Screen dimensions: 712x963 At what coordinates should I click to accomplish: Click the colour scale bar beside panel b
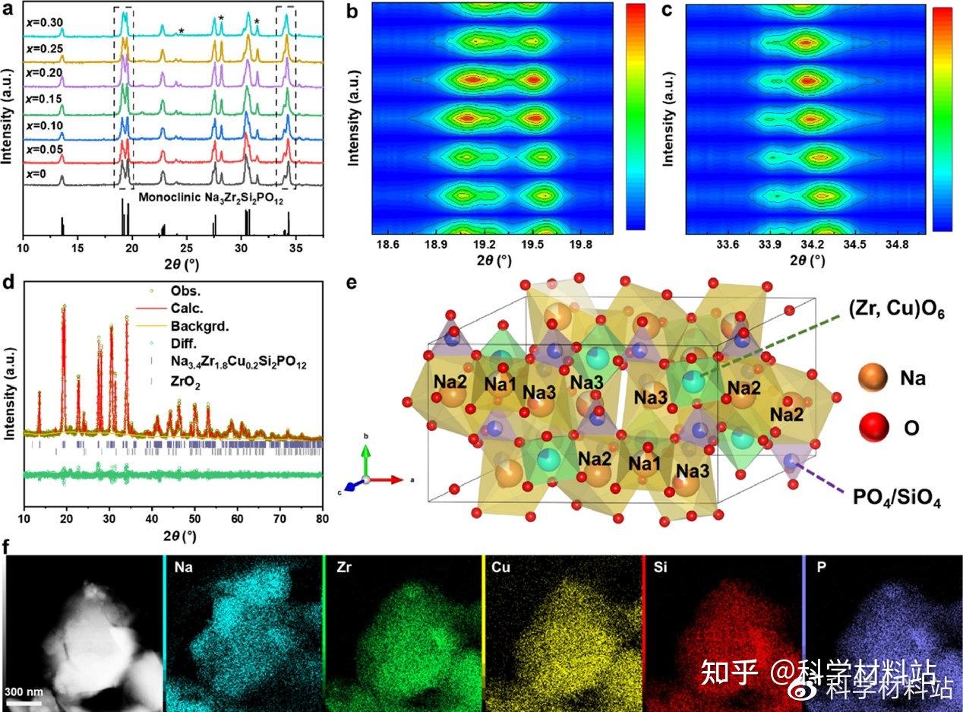636,116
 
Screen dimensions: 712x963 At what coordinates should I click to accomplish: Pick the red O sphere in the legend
870,427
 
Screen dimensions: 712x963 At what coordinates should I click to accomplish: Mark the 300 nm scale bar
24,702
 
